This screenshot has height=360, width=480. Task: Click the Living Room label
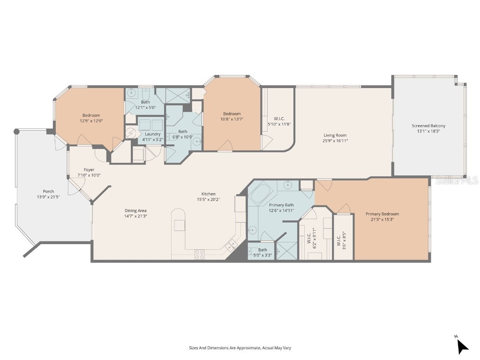point(335,135)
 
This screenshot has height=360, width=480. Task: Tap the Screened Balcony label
point(428,126)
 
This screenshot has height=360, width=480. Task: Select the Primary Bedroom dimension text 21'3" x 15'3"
point(382,219)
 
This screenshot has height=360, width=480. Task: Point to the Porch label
point(48,191)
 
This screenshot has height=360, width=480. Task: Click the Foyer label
point(89,170)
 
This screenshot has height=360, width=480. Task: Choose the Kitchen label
point(209,194)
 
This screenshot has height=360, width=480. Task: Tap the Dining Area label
point(135,210)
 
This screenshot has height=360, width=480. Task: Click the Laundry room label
point(153,134)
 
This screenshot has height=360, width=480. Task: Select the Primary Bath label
point(282,205)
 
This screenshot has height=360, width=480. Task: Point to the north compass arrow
point(462,345)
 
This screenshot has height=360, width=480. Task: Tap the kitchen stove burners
point(200,254)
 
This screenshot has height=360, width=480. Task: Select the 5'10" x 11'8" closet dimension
point(279,124)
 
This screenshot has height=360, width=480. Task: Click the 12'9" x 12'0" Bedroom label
point(91,115)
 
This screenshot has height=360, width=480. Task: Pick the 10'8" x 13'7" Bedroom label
point(232,114)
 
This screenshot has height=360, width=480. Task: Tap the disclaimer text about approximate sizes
point(240,348)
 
